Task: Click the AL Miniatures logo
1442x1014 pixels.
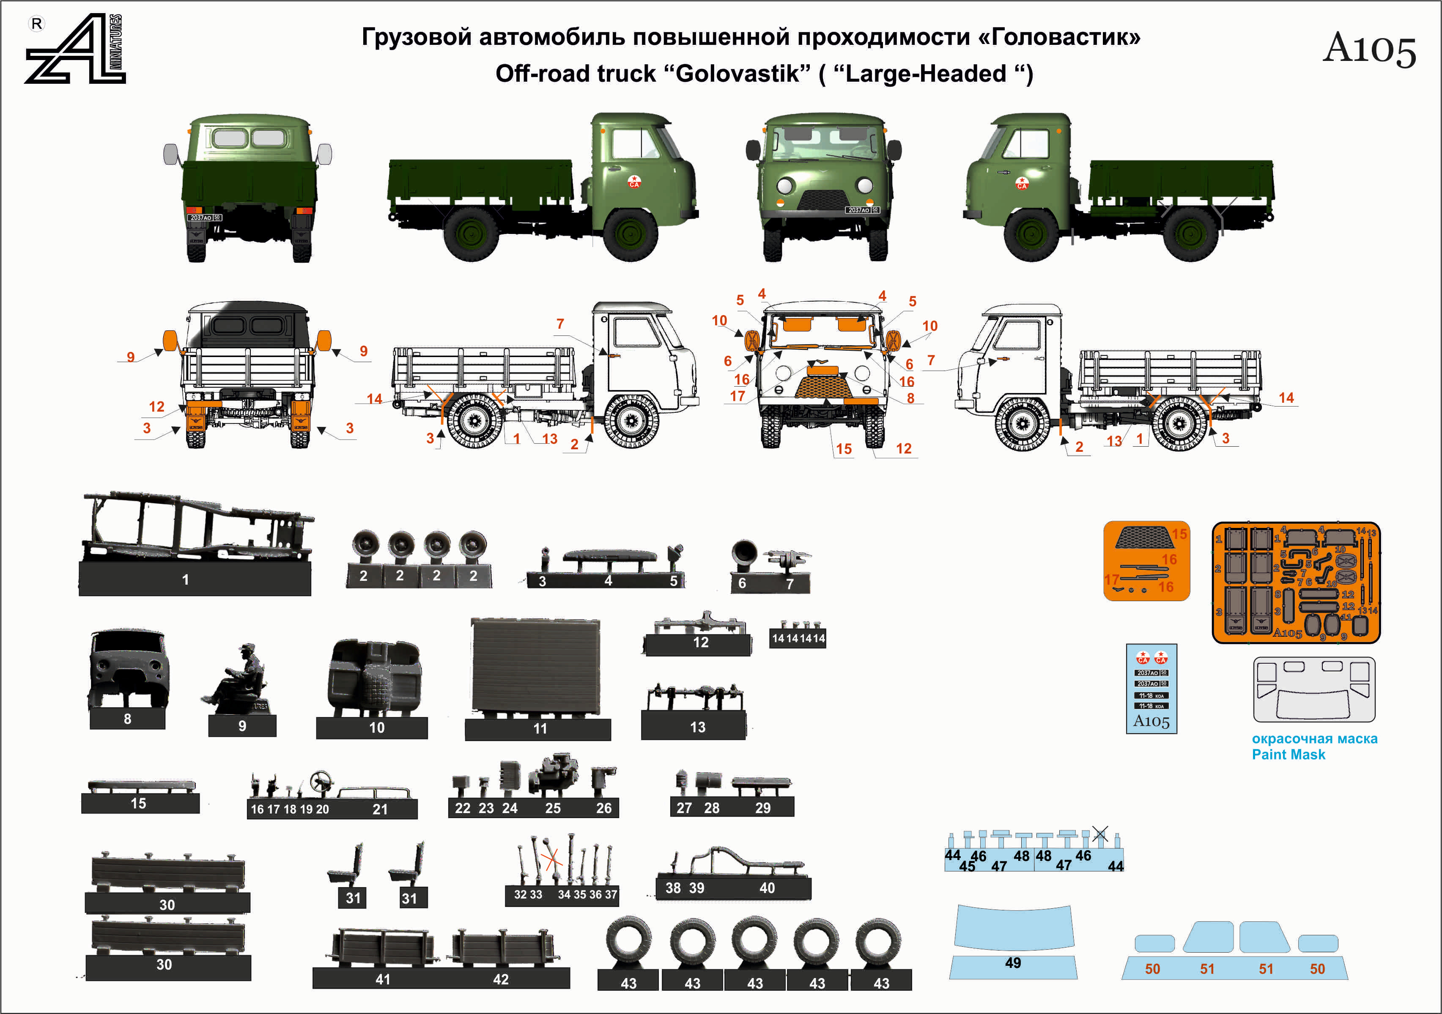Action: pyautogui.click(x=75, y=49)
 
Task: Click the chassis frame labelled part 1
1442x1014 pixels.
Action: pyautogui.click(x=195, y=528)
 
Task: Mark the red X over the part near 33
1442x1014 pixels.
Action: pyautogui.click(x=551, y=860)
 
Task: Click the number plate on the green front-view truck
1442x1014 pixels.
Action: pyautogui.click(x=862, y=210)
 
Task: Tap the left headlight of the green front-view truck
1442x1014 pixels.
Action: pyautogui.click(x=784, y=185)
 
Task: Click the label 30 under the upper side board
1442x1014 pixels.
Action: pyautogui.click(x=167, y=905)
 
